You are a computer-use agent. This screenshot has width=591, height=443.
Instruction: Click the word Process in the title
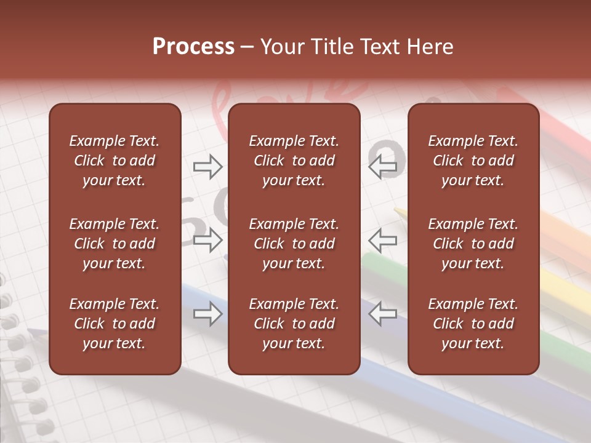point(193,47)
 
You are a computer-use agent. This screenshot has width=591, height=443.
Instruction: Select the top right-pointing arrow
point(208,167)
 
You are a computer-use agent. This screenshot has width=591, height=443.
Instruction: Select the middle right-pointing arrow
point(208,240)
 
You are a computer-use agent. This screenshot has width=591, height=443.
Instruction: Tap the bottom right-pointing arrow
point(208,314)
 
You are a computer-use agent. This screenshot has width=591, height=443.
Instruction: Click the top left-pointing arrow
point(382,167)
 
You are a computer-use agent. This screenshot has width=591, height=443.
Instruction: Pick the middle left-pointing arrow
point(382,240)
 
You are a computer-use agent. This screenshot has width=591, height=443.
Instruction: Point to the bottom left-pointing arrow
point(382,314)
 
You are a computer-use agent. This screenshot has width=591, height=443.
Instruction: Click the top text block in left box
point(115,161)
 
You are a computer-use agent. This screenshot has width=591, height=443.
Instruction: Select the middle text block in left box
point(115,244)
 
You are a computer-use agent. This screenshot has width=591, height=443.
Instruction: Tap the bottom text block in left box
point(115,324)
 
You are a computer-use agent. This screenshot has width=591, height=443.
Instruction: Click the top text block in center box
point(294,161)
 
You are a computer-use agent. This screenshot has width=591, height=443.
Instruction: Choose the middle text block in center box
point(294,244)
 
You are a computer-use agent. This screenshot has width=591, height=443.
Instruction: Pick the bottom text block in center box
point(294,324)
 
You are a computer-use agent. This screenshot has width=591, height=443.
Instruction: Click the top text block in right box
point(473,161)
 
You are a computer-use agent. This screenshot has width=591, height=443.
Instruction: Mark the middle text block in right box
point(473,244)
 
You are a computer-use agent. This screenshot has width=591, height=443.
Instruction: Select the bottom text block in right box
point(473,324)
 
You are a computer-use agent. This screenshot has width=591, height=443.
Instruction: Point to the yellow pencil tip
point(399,212)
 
